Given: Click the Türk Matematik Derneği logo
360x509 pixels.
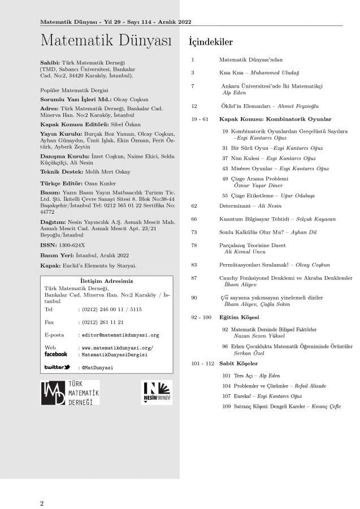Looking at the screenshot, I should tap(71, 392).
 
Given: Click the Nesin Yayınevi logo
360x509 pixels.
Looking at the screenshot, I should tap(156, 392).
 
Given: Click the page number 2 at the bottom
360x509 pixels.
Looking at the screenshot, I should tap(41, 503).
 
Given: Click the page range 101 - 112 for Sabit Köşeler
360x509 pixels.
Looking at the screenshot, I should tap(202, 364).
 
